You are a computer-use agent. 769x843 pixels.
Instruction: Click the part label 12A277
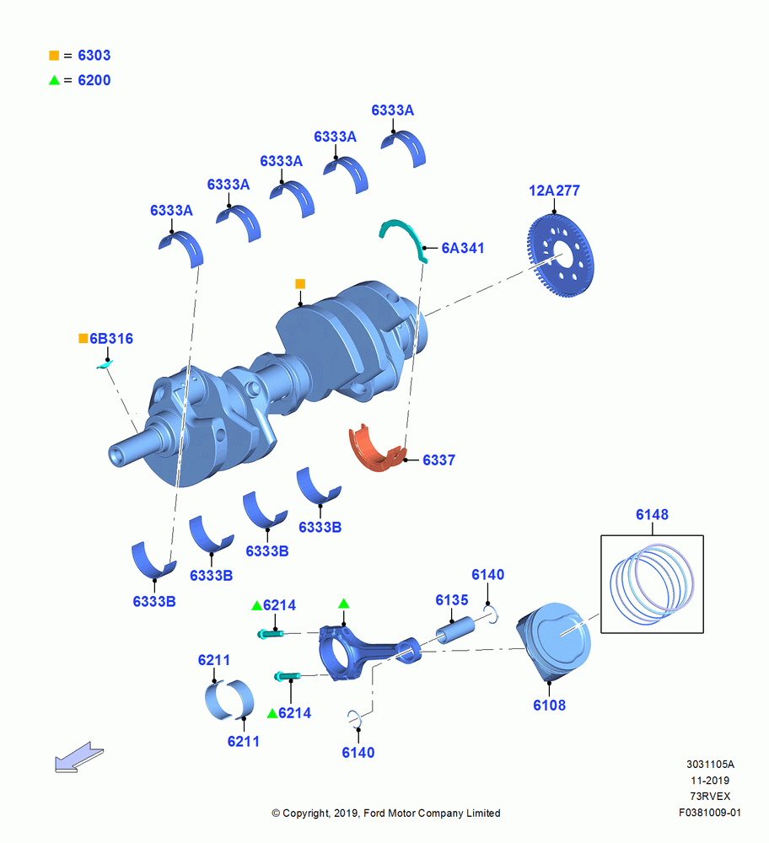pyautogui.click(x=554, y=191)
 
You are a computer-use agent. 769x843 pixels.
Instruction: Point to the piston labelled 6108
pyautogui.click(x=554, y=642)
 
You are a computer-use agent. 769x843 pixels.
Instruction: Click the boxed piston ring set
pyautogui.click(x=652, y=584)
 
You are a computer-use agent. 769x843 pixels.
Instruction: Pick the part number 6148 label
pyautogui.click(x=652, y=514)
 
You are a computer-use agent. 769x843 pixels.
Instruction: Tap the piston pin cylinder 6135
pyautogui.click(x=455, y=630)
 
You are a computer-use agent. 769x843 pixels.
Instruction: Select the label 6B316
pyautogui.click(x=110, y=339)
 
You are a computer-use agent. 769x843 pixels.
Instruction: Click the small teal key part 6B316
pyautogui.click(x=105, y=365)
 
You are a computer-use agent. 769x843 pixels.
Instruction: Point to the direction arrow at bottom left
pyautogui.click(x=79, y=758)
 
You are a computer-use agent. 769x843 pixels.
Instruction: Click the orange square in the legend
pyautogui.click(x=54, y=56)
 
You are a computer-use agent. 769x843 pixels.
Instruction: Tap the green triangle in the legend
pyautogui.click(x=54, y=80)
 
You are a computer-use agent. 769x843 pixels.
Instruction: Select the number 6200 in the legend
pyautogui.click(x=94, y=80)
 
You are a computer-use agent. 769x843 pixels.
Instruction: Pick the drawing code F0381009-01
pyautogui.click(x=710, y=813)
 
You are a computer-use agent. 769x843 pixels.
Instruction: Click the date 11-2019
pyautogui.click(x=710, y=781)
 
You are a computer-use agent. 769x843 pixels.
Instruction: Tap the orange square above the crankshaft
pyautogui.click(x=300, y=284)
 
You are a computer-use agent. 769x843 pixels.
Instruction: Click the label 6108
pyautogui.click(x=549, y=706)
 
